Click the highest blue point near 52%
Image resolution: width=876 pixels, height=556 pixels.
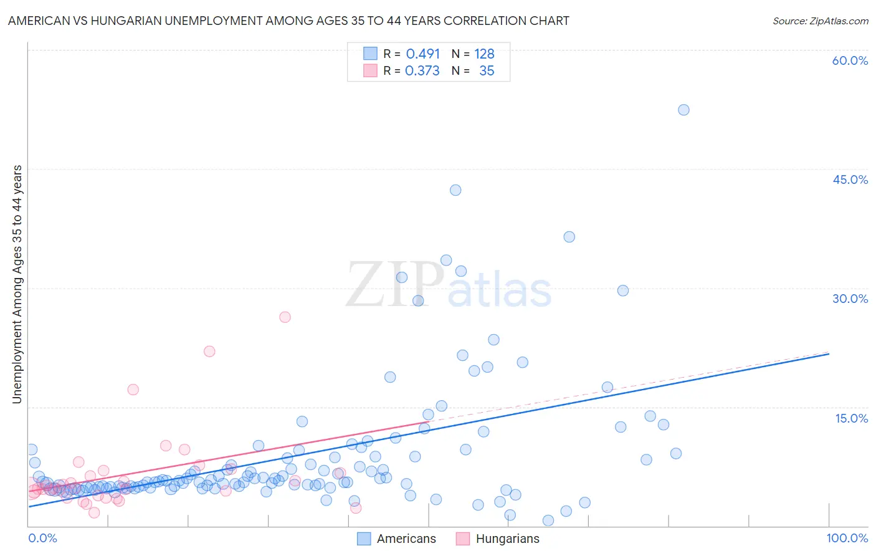pyautogui.click(x=683, y=110)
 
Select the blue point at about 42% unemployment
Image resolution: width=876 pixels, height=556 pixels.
pyautogui.click(x=455, y=190)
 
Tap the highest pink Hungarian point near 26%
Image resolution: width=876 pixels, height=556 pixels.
pyautogui.click(x=285, y=317)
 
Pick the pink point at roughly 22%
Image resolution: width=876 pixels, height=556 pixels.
pyautogui.click(x=209, y=352)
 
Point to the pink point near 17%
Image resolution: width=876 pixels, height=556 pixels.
pyautogui.click(x=133, y=390)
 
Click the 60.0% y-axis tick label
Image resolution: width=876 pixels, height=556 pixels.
pyautogui.click(x=850, y=60)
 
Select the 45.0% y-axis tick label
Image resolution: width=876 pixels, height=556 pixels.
pyautogui.click(x=850, y=180)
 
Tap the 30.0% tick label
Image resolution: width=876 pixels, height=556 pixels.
pyautogui.click(x=850, y=299)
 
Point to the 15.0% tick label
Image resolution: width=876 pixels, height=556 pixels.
pyautogui.click(x=851, y=418)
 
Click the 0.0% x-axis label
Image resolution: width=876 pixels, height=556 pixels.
pyautogui.click(x=42, y=538)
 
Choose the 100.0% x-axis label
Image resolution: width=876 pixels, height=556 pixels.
pyautogui.click(x=847, y=538)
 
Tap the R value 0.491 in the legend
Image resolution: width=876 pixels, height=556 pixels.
pyautogui.click(x=423, y=54)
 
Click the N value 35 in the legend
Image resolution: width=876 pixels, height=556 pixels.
pyautogui.click(x=487, y=71)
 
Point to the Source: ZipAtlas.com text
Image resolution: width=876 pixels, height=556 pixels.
pyautogui.click(x=820, y=21)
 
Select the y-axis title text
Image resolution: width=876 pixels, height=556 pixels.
pyautogui.click(x=17, y=284)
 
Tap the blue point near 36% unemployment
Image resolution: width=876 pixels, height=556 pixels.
pyautogui.click(x=569, y=237)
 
